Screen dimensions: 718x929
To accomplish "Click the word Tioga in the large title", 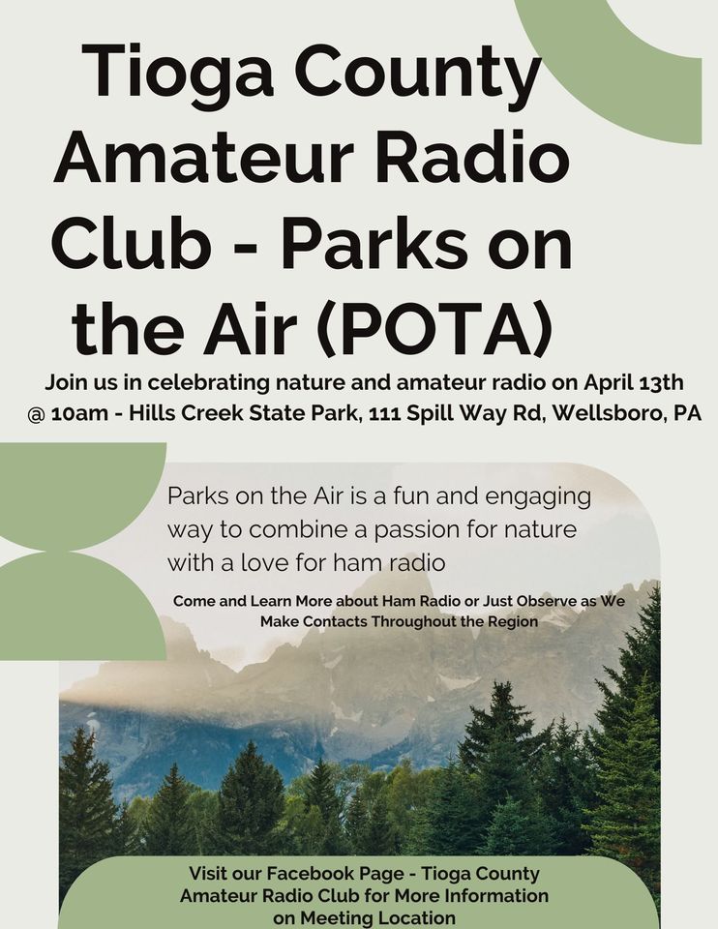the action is [x=178, y=73].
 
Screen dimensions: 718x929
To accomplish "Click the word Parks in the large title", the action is [x=374, y=242].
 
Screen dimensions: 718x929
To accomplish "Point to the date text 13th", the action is [x=661, y=383].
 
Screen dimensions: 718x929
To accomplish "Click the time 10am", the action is [x=79, y=413].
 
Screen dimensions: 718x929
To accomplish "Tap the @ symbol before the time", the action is [x=36, y=414].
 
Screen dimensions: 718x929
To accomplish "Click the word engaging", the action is [x=538, y=497].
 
